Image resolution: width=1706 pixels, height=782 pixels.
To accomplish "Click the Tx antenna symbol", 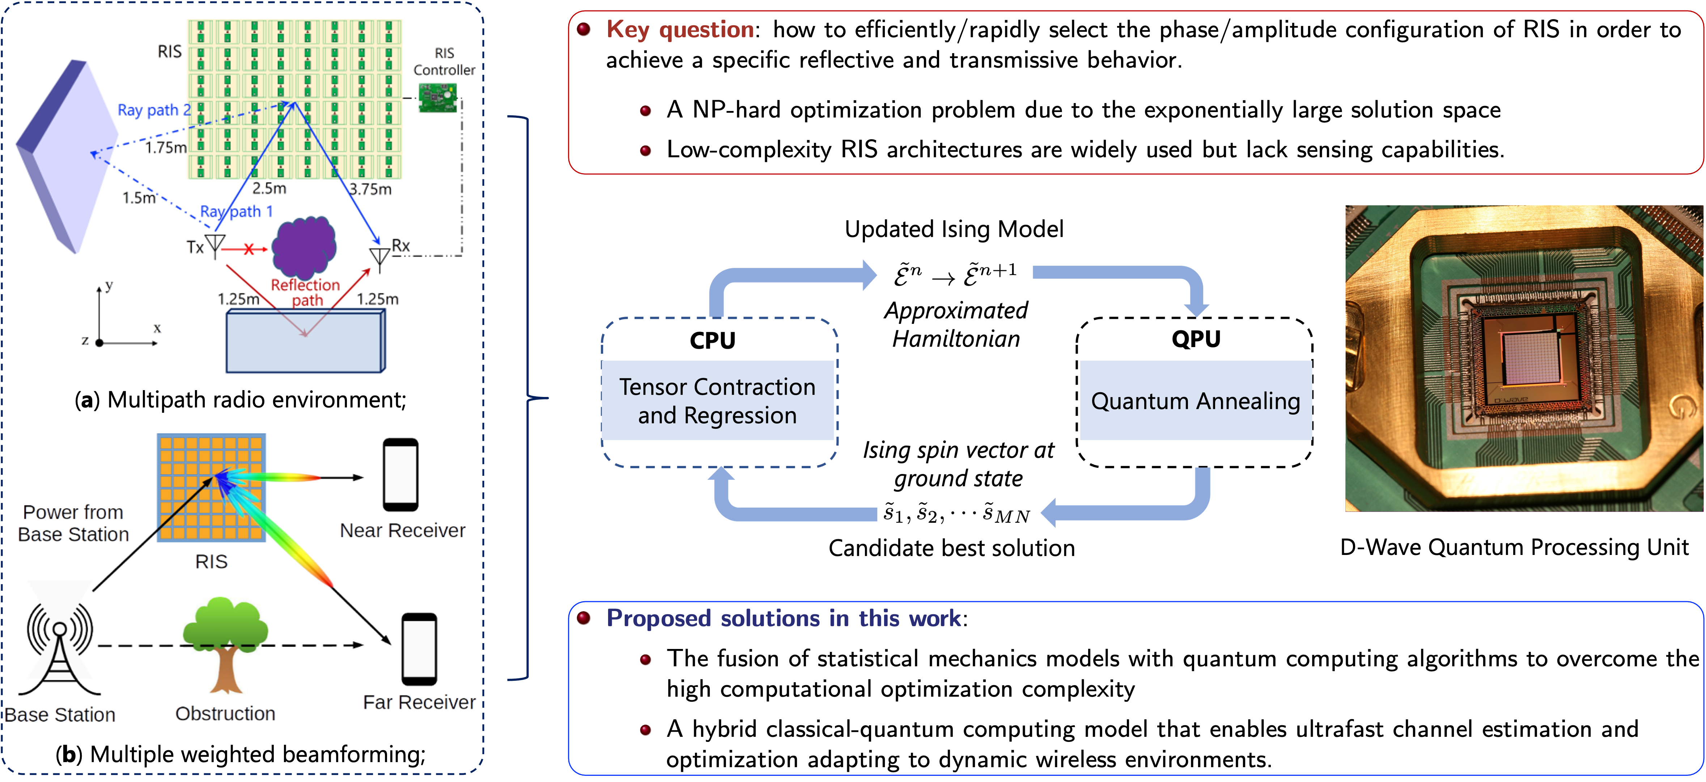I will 215,245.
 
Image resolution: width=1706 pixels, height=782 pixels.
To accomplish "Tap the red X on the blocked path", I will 249,249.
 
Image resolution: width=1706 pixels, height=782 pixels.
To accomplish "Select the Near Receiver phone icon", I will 401,475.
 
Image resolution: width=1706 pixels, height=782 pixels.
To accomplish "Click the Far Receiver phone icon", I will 419,649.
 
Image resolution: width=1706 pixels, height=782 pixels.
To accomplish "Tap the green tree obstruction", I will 225,642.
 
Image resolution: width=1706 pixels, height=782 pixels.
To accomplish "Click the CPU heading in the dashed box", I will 713,340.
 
